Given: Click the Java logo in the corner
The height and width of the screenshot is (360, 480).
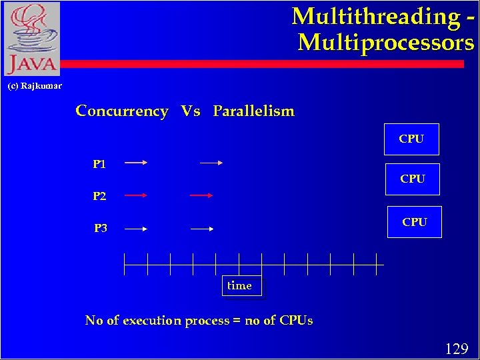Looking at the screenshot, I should (32, 39).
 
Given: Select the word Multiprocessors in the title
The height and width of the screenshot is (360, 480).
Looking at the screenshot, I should (386, 43).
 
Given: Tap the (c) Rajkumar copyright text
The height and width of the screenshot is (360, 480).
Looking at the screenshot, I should (35, 86).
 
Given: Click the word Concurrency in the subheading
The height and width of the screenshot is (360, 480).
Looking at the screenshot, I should (122, 111).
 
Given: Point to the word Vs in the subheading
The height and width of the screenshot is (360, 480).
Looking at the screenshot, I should (191, 111).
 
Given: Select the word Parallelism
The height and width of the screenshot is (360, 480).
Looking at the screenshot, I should (253, 111).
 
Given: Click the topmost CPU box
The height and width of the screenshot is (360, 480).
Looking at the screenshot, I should (411, 139).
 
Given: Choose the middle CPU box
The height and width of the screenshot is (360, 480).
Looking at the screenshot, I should (413, 179).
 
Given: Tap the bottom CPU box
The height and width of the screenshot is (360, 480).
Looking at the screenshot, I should (414, 222).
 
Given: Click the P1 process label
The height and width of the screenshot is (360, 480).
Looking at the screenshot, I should (99, 163).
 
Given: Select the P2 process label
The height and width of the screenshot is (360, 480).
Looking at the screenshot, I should (99, 196).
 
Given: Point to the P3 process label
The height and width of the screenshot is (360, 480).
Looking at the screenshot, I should (101, 228).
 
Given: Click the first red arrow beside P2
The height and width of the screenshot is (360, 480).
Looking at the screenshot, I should (135, 195).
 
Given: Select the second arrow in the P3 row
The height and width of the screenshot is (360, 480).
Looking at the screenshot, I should (202, 229).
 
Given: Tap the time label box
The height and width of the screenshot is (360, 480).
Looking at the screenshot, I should (240, 285).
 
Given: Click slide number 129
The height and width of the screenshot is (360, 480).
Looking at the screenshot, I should (456, 348).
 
